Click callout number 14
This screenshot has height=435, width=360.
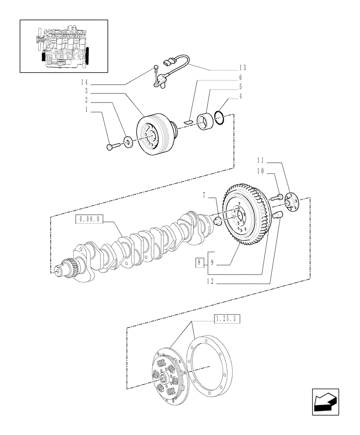tap(84, 82)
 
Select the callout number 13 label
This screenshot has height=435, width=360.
tap(242, 67)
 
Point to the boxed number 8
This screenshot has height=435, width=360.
tap(199, 262)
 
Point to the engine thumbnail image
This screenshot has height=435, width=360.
tap(64, 46)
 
